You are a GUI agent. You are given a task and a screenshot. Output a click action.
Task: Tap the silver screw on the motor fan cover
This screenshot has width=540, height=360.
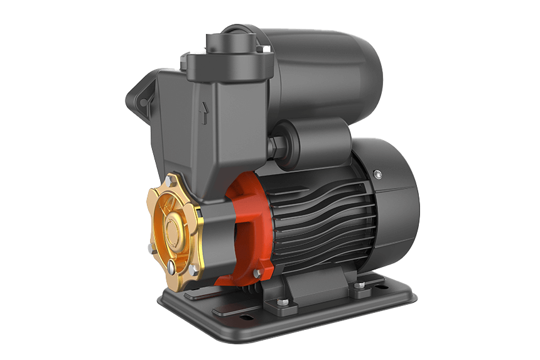[x=377, y=174]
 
